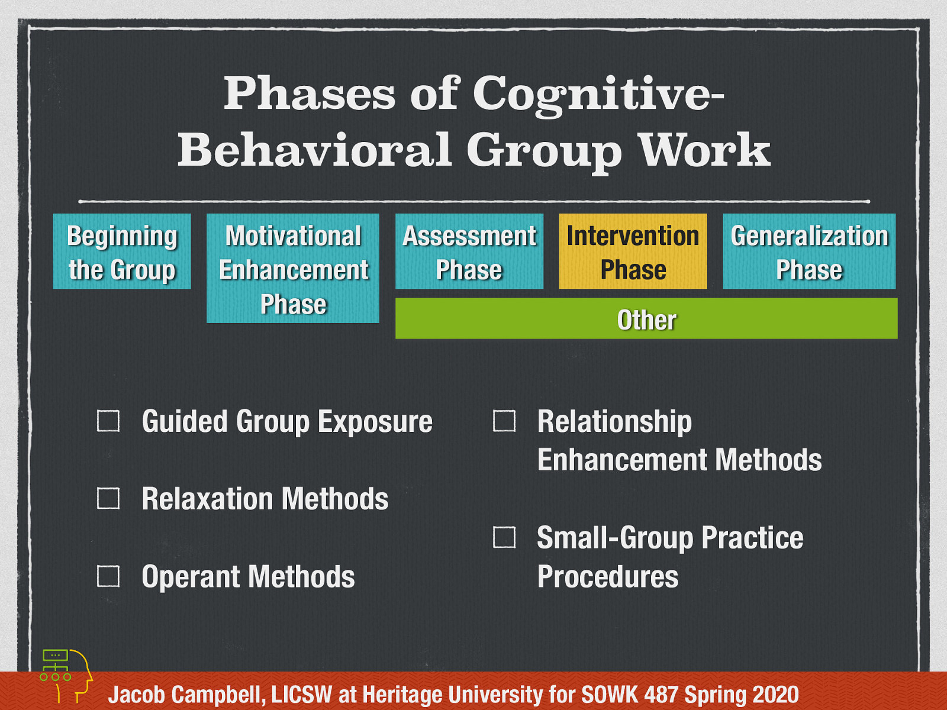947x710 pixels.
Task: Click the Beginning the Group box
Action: click(x=122, y=251)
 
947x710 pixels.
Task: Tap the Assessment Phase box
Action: click(x=469, y=251)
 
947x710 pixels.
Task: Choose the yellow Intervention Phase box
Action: click(x=633, y=251)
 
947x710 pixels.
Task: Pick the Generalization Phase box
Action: click(x=809, y=251)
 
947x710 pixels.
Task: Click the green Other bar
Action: click(x=646, y=319)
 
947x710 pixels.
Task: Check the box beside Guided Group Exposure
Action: click(x=108, y=421)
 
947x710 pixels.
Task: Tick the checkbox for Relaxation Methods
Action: click(x=108, y=498)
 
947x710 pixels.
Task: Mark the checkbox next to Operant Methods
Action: click(x=108, y=576)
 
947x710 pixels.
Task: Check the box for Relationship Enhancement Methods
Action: click(x=504, y=421)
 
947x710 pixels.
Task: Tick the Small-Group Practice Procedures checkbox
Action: click(x=504, y=537)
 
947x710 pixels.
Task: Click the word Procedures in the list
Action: click(x=608, y=577)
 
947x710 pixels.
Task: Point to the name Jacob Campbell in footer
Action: click(x=186, y=695)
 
